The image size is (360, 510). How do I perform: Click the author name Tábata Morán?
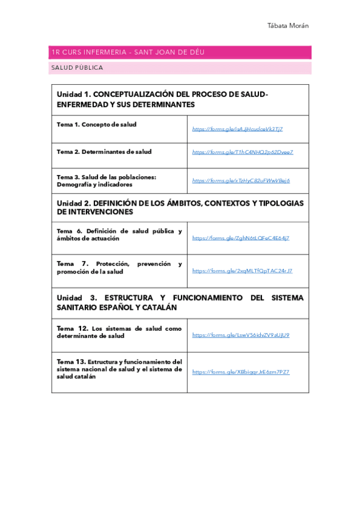288,26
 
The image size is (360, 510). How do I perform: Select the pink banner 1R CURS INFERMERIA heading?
128,52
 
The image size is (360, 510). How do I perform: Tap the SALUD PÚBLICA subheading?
78,68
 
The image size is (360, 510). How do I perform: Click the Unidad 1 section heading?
162,99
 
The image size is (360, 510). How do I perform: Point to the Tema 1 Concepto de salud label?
97,124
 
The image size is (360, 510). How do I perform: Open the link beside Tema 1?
237,129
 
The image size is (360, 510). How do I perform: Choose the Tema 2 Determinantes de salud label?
105,152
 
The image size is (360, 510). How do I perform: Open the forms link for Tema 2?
243,152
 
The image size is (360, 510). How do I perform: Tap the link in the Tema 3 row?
241,180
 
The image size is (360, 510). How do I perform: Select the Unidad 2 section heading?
180,207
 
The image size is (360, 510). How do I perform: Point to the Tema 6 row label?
119,235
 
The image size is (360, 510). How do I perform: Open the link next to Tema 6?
240,238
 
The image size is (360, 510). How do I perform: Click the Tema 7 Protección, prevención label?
119,268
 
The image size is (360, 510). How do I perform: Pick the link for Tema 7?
242,271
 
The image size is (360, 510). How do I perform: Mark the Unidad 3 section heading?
180,302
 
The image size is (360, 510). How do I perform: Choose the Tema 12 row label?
119,332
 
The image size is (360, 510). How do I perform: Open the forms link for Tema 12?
240,335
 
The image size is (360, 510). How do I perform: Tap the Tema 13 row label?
119,369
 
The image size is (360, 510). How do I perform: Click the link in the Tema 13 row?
240,372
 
